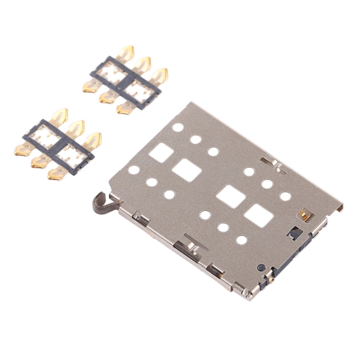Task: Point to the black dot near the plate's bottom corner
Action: click(260, 267)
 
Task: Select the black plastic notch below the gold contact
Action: click(295, 233)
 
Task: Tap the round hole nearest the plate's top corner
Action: click(178, 128)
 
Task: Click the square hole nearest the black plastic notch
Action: click(258, 216)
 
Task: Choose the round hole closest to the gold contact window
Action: click(285, 196)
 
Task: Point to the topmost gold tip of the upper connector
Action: click(127, 51)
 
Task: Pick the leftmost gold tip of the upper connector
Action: click(90, 87)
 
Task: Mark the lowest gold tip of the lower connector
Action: click(55, 174)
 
